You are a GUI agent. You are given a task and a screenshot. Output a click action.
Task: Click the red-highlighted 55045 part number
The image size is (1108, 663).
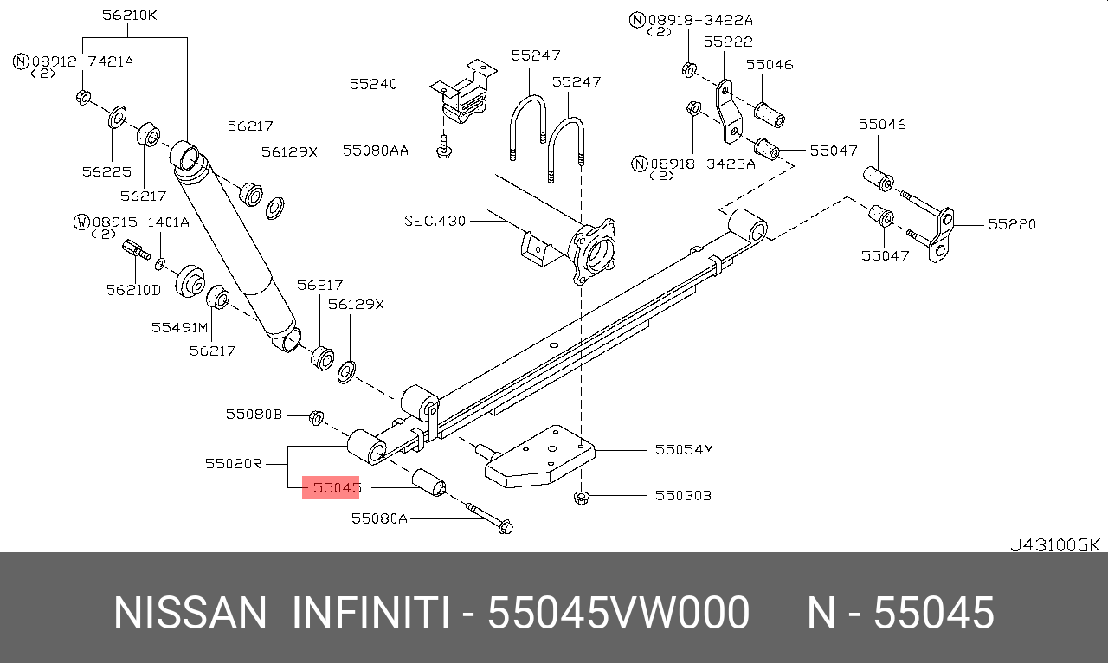pyautogui.click(x=336, y=488)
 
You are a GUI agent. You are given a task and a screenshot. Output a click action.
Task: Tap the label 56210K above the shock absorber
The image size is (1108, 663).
pyautogui.click(x=130, y=16)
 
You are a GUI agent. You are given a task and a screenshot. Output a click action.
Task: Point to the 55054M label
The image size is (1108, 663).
pyautogui.click(x=684, y=449)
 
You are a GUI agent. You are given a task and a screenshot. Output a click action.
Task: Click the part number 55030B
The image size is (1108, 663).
pyautogui.click(x=683, y=496)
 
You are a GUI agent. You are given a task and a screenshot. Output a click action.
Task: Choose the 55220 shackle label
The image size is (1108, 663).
pyautogui.click(x=1012, y=224)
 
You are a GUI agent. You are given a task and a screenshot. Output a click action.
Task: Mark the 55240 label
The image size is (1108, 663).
pyautogui.click(x=373, y=84)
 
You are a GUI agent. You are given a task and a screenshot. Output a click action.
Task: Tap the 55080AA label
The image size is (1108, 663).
pyautogui.click(x=375, y=151)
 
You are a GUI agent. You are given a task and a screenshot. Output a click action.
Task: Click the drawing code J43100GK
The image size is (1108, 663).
pyautogui.click(x=1054, y=544)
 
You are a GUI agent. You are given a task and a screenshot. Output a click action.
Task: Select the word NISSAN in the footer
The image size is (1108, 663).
pyautogui.click(x=190, y=614)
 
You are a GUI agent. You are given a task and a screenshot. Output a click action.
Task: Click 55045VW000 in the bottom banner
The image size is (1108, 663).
pyautogui.click(x=618, y=614)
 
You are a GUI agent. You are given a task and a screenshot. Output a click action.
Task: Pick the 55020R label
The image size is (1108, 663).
pyautogui.click(x=233, y=463)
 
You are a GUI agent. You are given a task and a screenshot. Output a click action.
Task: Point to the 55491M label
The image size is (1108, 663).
pyautogui.click(x=179, y=327)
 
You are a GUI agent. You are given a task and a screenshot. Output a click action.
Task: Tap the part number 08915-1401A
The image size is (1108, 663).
pyautogui.click(x=140, y=222)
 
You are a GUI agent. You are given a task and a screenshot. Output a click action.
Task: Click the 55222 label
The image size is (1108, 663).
pyautogui.click(x=727, y=42)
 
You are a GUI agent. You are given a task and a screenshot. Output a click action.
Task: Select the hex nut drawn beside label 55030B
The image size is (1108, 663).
pyautogui.click(x=582, y=497)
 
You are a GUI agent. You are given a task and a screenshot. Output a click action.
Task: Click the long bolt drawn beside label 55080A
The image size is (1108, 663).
pyautogui.click(x=489, y=518)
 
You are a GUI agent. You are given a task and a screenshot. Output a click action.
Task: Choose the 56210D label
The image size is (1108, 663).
pyautogui.click(x=133, y=290)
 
